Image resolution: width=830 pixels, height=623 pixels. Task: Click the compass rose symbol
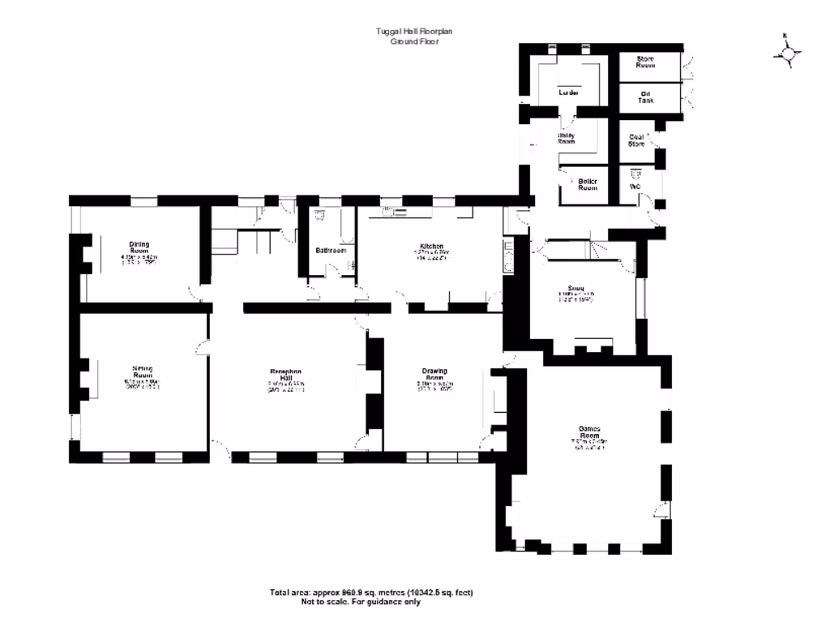tap(787, 54)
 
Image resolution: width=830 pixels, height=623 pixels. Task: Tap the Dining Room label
tap(139, 247)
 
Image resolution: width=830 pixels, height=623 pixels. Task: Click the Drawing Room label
tap(434, 376)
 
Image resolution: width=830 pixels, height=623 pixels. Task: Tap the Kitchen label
tap(430, 246)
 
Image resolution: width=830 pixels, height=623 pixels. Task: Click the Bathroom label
tap(331, 251)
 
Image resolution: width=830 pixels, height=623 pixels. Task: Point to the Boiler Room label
tap(588, 184)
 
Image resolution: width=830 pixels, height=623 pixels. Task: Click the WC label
tap(635, 185)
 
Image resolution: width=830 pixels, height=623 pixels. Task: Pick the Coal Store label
tap(636, 140)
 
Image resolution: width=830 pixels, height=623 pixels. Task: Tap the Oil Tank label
tap(645, 97)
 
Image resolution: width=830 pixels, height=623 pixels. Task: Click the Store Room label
tap(645, 63)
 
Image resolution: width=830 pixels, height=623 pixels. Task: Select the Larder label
tap(568, 92)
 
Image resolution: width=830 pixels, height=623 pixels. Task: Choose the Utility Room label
tap(567, 139)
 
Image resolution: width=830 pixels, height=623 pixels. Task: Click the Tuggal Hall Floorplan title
tap(414, 31)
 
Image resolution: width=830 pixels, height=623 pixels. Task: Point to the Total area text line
tap(371, 592)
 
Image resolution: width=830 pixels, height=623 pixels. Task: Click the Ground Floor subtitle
tap(414, 41)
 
